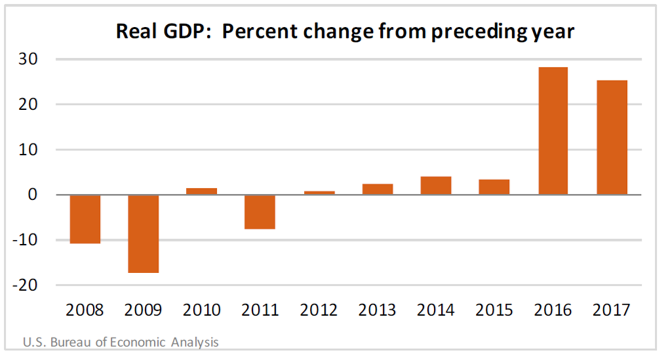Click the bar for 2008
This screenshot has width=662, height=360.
(84, 219)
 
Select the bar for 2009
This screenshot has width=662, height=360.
(143, 233)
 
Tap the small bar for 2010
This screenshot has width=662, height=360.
(201, 191)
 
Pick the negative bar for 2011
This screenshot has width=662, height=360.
(260, 212)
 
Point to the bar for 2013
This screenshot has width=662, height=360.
(377, 189)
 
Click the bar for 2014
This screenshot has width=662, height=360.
(436, 185)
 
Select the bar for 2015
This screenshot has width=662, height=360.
(494, 187)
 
